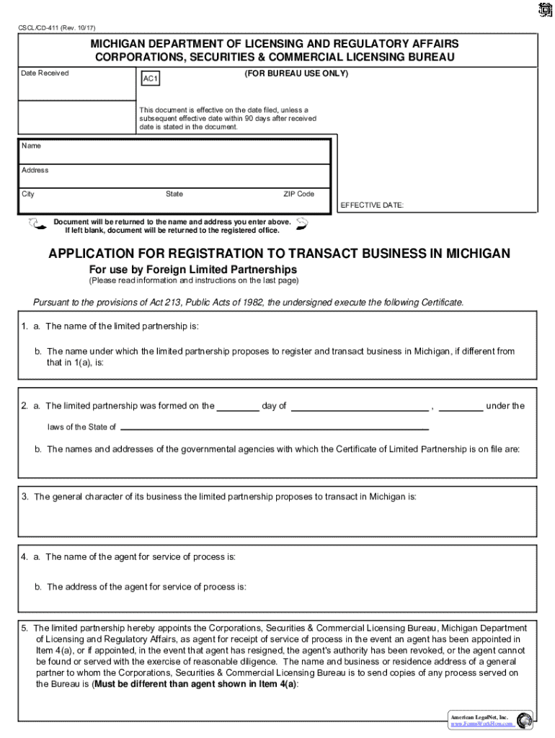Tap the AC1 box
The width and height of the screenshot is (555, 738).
click(150, 79)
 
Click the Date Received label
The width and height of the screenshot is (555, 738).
click(45, 73)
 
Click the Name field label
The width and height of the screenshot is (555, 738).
click(31, 146)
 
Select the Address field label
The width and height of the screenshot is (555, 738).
click(35, 170)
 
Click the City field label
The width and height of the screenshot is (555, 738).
click(28, 194)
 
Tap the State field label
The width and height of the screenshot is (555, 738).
click(174, 194)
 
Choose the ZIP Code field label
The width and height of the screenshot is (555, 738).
click(298, 194)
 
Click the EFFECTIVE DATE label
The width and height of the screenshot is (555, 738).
click(372, 205)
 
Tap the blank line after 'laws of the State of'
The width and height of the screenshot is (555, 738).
click(274, 429)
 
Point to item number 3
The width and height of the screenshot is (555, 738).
click(25, 497)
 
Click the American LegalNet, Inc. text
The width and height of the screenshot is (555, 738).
click(479, 718)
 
